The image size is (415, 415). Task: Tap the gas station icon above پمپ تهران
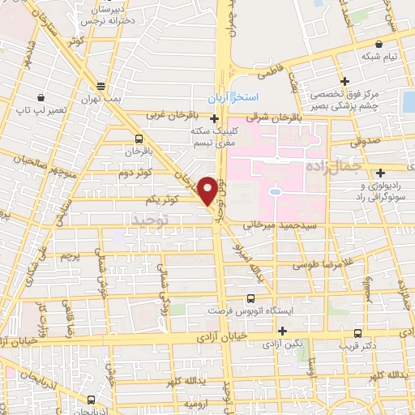[x=101, y=85]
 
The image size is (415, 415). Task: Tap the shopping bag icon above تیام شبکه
[x=378, y=44]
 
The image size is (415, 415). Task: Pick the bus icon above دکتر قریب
[x=358, y=331]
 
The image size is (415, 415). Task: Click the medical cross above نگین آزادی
[x=281, y=331]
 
